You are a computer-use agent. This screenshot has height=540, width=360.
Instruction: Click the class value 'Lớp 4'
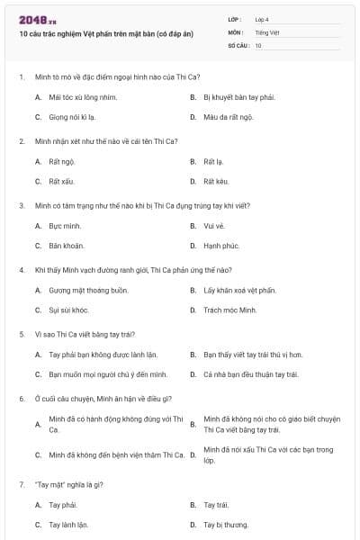coord(262,18)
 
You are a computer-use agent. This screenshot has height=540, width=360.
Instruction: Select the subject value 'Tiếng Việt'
coord(266,31)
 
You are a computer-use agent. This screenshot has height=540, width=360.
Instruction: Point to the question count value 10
coord(258,44)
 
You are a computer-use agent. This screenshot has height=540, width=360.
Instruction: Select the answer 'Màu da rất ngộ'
coord(229,117)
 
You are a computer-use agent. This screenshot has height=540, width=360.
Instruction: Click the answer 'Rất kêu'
coord(216,182)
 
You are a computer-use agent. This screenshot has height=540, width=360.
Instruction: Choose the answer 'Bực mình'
coord(65,225)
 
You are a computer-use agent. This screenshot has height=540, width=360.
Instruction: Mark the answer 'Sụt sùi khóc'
coord(68,310)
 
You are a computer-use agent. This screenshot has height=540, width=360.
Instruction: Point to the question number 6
coord(21,398)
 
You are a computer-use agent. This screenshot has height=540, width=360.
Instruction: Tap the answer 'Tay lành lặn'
coord(68,524)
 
